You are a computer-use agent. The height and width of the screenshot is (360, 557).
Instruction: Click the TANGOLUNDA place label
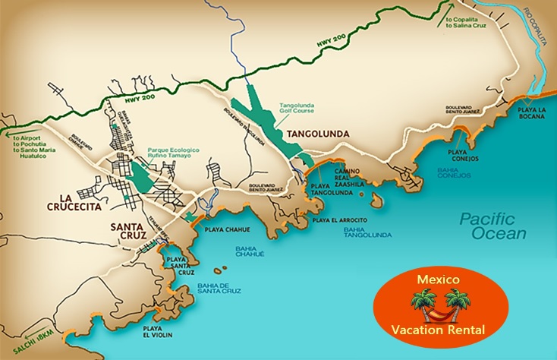click(x=316, y=134)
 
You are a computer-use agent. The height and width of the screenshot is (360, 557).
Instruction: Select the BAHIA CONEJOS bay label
click(x=454, y=173)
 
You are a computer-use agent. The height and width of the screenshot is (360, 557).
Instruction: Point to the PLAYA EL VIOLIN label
click(x=156, y=332)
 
